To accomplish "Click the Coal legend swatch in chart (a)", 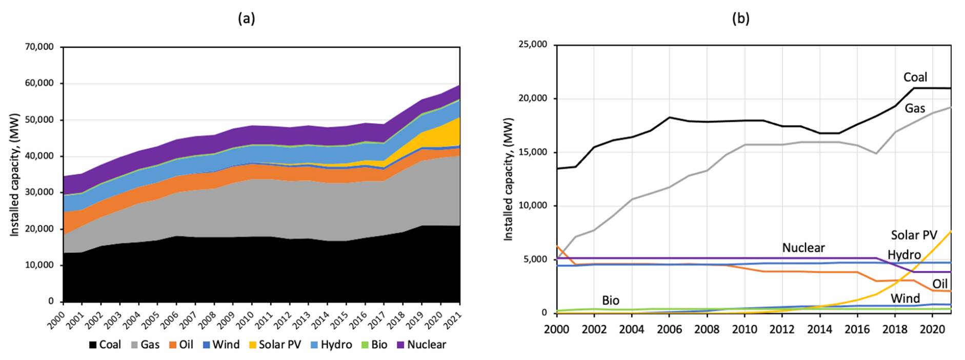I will tap(93, 345).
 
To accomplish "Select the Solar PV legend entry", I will tap(274, 345).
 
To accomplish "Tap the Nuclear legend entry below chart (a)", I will tap(421, 345).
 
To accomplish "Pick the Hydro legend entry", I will tap(331, 345).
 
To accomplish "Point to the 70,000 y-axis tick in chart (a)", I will tap(39, 47).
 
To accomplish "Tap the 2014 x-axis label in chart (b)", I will tap(819, 328).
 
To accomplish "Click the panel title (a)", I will tap(246, 18).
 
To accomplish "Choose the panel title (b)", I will tap(740, 18).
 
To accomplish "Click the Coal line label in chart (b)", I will tap(915, 77).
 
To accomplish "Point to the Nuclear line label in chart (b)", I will tap(803, 248).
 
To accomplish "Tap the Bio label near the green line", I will tap(610, 301).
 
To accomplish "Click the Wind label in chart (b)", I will tap(905, 298).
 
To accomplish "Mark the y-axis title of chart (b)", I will tap(508, 179).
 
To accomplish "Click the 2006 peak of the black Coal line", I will tap(669, 117).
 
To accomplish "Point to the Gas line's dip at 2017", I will tap(876, 153).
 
